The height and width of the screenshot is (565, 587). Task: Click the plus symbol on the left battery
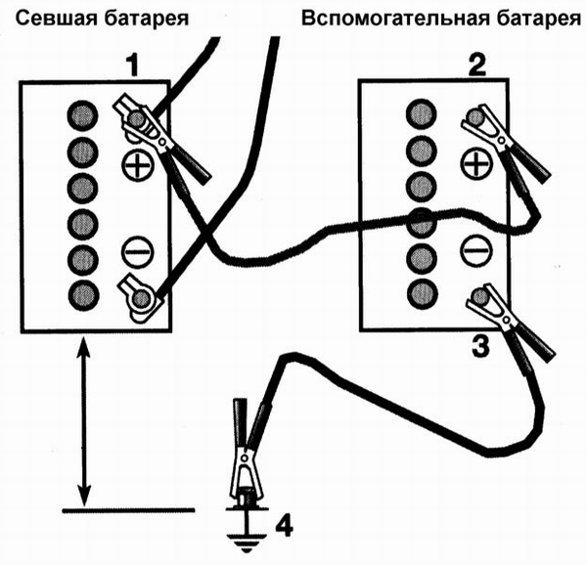click(138, 163)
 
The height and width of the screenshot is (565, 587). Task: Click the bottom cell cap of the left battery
click(80, 294)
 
